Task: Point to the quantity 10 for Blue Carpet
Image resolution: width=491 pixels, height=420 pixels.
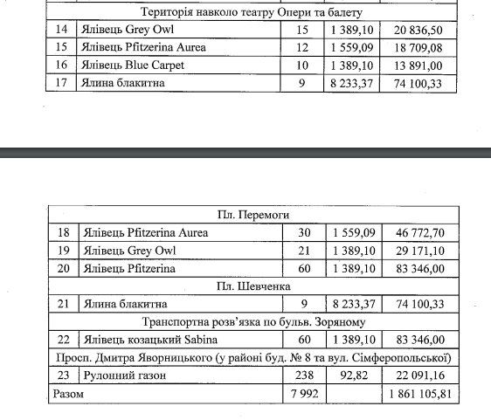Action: [303, 65]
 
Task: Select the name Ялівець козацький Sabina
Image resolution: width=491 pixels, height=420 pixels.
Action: [144, 339]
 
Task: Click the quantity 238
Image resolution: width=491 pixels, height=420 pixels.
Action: [303, 375]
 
